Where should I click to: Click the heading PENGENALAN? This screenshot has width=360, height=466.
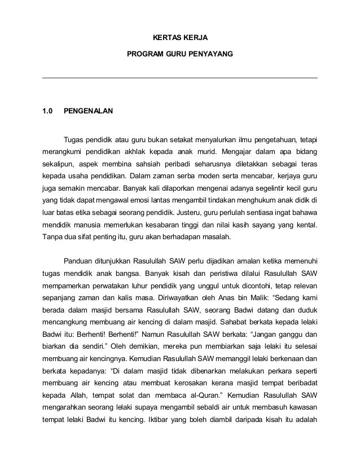[x=88, y=111]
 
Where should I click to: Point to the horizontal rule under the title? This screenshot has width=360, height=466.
[x=180, y=78]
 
